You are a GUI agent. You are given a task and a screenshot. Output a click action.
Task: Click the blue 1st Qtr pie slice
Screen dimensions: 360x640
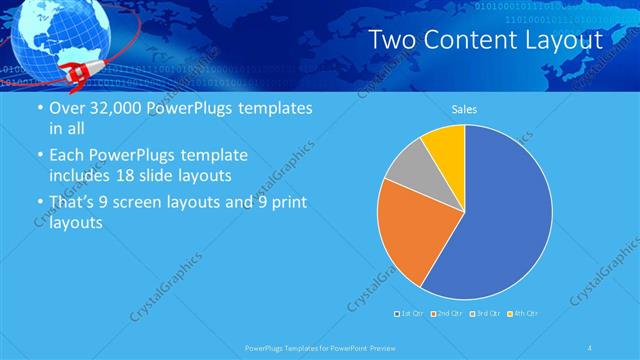pyautogui.click(x=500, y=220)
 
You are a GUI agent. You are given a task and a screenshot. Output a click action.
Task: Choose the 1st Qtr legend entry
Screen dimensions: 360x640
pyautogui.click(x=409, y=314)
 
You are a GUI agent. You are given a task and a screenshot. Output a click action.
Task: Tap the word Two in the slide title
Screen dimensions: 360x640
pyautogui.click(x=392, y=40)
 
